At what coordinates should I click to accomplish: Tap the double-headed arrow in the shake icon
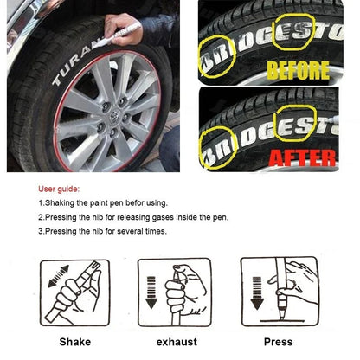click(53, 281)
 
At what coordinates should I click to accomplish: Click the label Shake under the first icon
click(74, 342)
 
